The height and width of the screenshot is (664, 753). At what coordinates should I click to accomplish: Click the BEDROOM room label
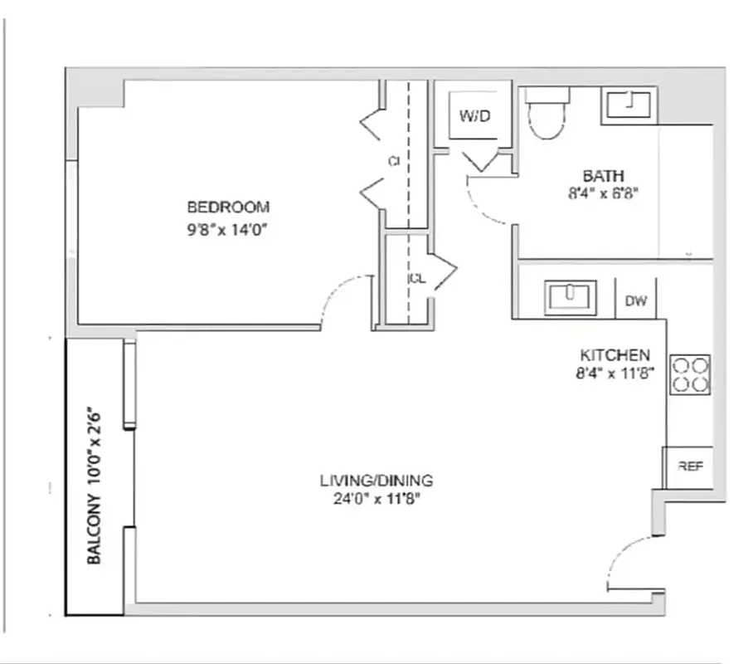pyautogui.click(x=228, y=207)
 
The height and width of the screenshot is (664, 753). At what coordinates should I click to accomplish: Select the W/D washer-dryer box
pyautogui.click(x=475, y=116)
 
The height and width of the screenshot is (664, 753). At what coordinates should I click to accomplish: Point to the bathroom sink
pyautogui.click(x=629, y=105)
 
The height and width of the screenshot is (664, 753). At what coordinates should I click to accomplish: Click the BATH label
pyautogui.click(x=603, y=176)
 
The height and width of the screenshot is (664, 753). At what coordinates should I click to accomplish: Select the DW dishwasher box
pyautogui.click(x=636, y=301)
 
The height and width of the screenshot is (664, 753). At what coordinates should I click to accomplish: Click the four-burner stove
pyautogui.click(x=690, y=374)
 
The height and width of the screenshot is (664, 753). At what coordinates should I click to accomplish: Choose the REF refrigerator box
pyautogui.click(x=690, y=466)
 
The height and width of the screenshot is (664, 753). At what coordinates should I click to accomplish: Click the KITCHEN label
pyautogui.click(x=615, y=354)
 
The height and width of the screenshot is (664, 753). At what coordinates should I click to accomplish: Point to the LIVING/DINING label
pyautogui.click(x=376, y=481)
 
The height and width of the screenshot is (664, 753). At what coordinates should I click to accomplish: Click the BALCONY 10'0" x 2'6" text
pyautogui.click(x=95, y=486)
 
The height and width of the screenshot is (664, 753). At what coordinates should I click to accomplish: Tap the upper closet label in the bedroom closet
pyautogui.click(x=395, y=162)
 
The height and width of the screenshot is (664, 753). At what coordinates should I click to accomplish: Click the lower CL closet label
pyautogui.click(x=416, y=279)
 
